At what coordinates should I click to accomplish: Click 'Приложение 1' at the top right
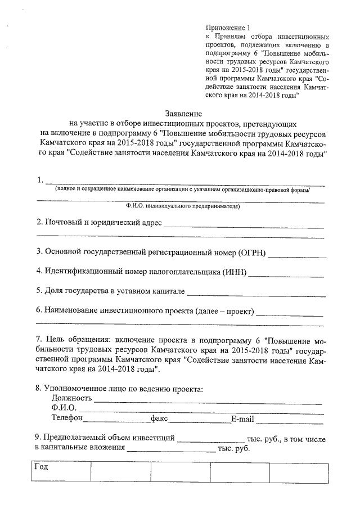(227, 27)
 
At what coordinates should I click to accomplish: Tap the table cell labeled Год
(41, 467)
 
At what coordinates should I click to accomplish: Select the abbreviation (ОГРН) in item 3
(252, 252)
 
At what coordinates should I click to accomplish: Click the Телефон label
(67, 418)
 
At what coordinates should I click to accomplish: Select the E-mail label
(242, 418)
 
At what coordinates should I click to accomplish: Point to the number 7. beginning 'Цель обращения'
(39, 341)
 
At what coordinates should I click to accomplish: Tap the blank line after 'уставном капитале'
(255, 294)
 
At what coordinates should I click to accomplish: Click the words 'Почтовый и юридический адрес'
(103, 222)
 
